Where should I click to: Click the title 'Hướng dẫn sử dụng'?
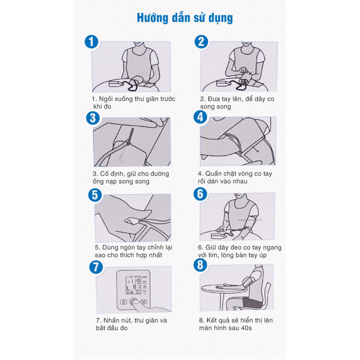[x=185, y=18]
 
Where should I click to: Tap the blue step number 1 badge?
[x=91, y=42]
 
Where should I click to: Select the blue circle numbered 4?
[x=200, y=117]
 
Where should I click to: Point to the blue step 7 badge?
[x=96, y=267]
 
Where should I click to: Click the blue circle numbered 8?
[x=200, y=265]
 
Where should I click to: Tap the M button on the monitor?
[x=144, y=302]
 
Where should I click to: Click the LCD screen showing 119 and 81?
[x=133, y=285]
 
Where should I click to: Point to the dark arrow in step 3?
[x=130, y=137]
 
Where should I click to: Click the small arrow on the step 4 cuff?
[x=255, y=149]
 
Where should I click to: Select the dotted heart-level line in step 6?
[x=249, y=220]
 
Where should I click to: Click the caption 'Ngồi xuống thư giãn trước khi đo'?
[x=134, y=103]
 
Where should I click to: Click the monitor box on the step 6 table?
[x=219, y=236]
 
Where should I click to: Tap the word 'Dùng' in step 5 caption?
[x=110, y=248]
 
